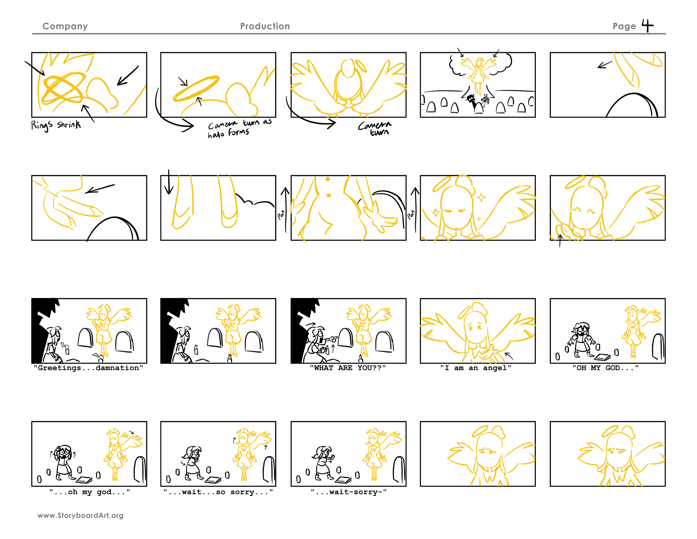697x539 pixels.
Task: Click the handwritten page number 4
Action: [647, 26]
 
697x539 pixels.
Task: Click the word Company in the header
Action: [65, 26]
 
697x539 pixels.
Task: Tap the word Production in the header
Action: [265, 26]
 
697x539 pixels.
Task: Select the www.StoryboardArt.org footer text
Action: [80, 515]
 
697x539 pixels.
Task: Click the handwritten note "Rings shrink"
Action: [55, 125]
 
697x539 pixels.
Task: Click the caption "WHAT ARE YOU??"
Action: [348, 368]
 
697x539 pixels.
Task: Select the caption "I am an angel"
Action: [476, 368]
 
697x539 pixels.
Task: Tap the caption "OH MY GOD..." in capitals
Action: [605, 368]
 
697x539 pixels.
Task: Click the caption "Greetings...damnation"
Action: [88, 368]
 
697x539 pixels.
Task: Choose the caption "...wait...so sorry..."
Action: [218, 492]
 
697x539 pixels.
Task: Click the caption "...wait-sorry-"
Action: [348, 492]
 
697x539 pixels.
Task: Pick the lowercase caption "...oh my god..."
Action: [89, 492]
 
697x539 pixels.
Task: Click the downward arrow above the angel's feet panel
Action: [168, 182]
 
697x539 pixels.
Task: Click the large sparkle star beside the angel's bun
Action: [481, 197]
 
